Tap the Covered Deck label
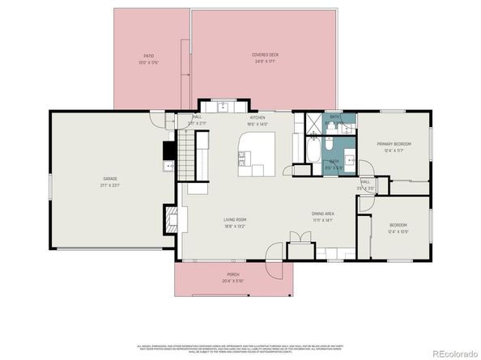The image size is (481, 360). tap(265, 55)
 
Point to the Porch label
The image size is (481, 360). tap(232, 274)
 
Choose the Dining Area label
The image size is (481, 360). tap(323, 214)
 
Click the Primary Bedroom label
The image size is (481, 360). tap(394, 144)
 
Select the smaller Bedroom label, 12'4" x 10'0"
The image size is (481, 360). tap(398, 225)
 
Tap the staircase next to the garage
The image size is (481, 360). tap(187, 158)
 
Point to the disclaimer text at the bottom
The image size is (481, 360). tap(240, 345)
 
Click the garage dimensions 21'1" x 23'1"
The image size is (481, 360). tap(110, 185)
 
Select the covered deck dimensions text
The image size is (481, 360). tap(265, 61)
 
